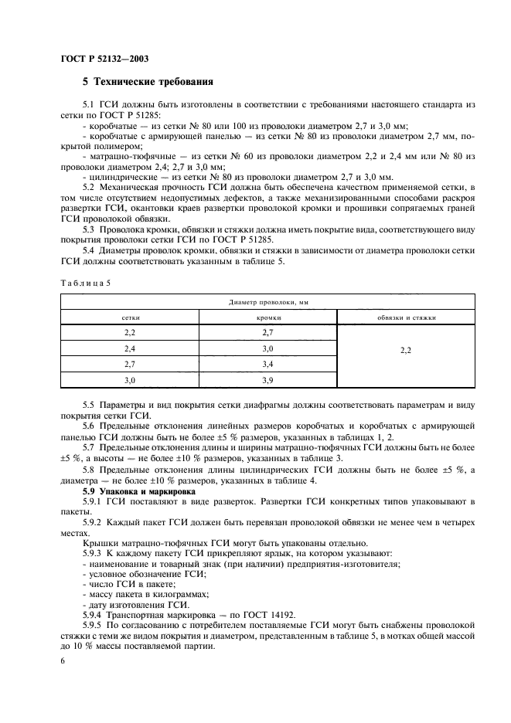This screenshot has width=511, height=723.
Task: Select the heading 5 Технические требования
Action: point(148,82)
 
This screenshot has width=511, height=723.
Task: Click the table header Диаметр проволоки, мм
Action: point(267,303)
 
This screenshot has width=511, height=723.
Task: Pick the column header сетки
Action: point(130,317)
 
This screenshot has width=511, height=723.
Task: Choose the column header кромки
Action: point(268,317)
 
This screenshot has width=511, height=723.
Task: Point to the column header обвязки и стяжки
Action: point(406,317)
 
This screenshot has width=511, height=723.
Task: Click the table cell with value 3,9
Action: point(268,380)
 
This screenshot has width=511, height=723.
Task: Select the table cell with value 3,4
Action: point(268,364)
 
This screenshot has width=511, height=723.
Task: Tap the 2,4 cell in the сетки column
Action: point(130,348)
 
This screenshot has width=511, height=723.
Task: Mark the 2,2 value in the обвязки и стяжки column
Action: point(406,349)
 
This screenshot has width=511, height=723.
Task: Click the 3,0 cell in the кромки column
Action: point(268,348)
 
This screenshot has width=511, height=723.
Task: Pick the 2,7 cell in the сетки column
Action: point(130,364)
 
